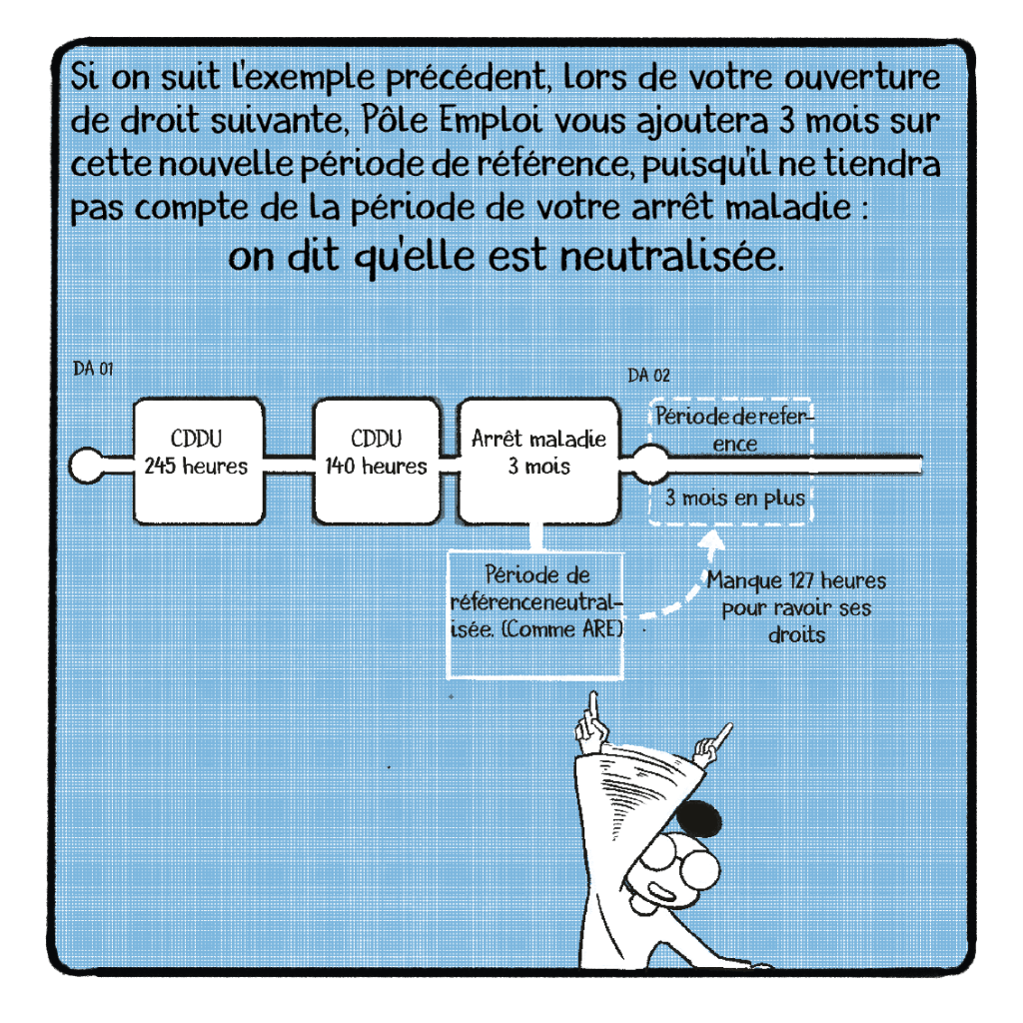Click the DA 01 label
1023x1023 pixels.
93,370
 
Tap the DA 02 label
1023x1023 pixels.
648,376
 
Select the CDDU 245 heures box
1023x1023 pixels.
199,462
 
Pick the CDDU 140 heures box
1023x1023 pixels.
377,462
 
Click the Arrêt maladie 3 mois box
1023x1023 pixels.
538,462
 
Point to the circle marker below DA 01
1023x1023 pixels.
87,466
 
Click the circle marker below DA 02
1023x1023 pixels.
650,464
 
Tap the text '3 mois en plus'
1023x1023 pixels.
735,499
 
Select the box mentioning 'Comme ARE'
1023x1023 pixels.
535,614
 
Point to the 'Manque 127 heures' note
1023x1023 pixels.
796,607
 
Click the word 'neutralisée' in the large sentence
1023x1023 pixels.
672,257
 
